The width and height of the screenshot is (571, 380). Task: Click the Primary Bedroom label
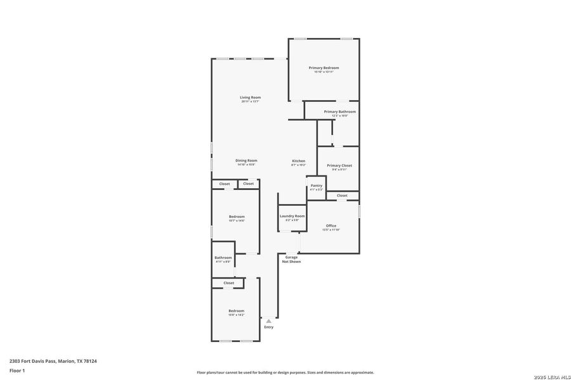click(324, 68)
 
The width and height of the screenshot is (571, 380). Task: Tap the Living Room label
click(250, 98)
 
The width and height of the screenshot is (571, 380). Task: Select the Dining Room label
click(246, 161)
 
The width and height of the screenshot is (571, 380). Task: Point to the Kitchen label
click(298, 161)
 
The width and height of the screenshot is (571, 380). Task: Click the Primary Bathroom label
click(339, 111)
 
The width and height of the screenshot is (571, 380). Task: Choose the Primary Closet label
click(339, 165)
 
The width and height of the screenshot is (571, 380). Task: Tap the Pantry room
click(316, 187)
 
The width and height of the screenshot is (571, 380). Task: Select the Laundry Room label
click(292, 216)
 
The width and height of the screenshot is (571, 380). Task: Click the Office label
click(331, 225)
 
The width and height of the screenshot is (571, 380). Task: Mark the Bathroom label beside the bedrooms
click(223, 258)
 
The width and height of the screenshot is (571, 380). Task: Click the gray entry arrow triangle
click(268, 321)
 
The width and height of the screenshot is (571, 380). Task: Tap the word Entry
click(268, 327)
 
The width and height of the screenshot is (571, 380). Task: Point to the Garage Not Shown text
click(291, 259)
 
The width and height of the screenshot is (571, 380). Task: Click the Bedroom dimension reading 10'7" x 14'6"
click(237, 220)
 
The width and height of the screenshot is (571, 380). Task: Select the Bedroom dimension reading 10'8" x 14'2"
click(237, 315)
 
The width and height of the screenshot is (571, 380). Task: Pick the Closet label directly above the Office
click(342, 196)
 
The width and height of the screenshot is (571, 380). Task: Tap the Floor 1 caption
click(17, 370)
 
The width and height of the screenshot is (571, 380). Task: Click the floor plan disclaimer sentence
click(285, 372)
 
